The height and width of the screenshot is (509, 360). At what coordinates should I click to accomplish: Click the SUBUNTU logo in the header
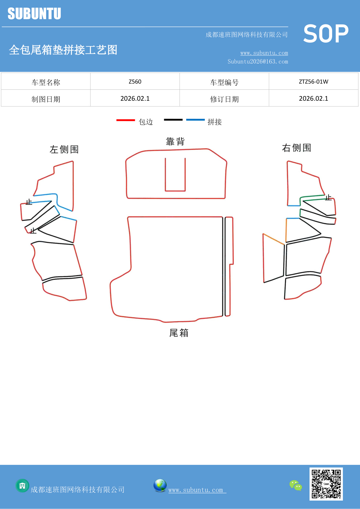(x=34, y=14)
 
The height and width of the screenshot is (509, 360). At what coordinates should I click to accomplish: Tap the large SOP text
(x=326, y=34)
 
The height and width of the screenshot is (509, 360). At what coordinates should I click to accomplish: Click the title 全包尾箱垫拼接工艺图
(x=63, y=50)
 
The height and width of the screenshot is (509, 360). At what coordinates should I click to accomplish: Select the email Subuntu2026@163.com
(x=258, y=62)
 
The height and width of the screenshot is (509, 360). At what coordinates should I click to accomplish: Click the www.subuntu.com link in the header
(x=264, y=53)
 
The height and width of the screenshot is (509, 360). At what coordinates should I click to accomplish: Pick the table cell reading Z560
(x=135, y=82)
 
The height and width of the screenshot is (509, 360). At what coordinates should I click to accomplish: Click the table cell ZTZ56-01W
(x=313, y=82)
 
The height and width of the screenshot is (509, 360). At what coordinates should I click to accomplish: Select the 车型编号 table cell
(x=224, y=82)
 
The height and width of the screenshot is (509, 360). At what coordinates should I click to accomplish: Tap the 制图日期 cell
(x=46, y=99)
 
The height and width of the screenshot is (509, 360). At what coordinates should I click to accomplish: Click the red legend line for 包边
(x=126, y=120)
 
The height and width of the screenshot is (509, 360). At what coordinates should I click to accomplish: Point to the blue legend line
(x=195, y=120)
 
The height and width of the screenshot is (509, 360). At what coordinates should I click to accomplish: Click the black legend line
(x=173, y=120)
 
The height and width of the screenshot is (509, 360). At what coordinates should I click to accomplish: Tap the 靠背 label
(x=175, y=142)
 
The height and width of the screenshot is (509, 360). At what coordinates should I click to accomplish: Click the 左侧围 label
(x=64, y=149)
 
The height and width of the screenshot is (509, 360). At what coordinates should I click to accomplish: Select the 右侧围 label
(x=296, y=148)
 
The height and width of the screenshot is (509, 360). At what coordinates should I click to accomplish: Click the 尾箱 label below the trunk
(x=179, y=333)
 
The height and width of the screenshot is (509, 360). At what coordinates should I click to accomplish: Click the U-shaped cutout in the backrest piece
(x=175, y=176)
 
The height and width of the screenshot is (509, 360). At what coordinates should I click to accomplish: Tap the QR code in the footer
(x=326, y=484)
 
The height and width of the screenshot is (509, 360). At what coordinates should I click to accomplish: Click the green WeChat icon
(x=296, y=485)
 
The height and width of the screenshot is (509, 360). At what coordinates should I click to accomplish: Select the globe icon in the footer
(x=160, y=485)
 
